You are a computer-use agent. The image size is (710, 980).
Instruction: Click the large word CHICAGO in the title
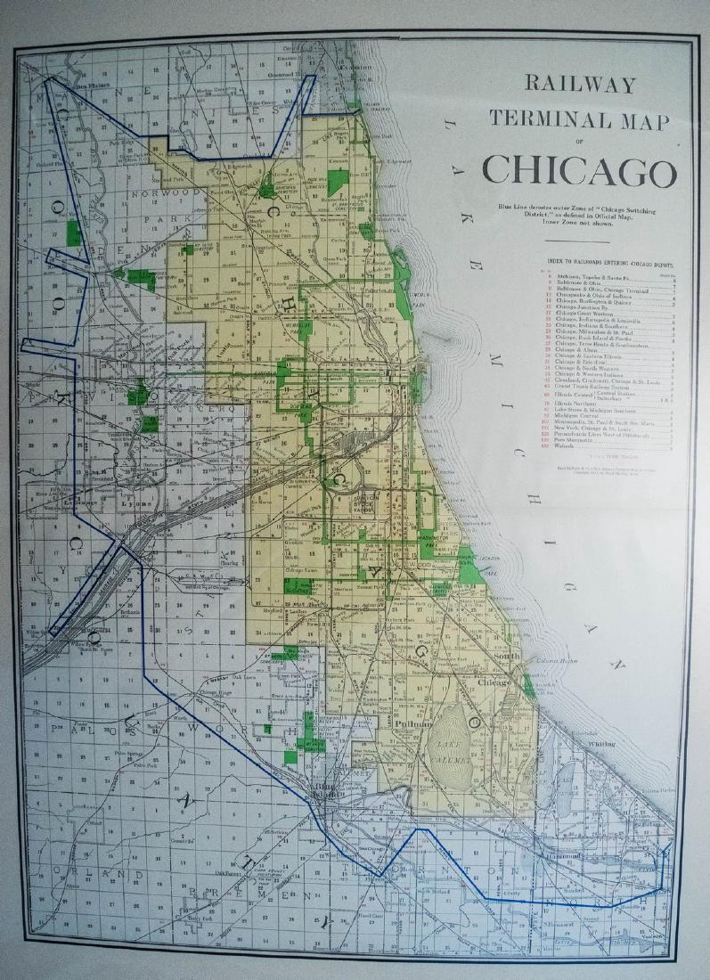[x=580, y=170]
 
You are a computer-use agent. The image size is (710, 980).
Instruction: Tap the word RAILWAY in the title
[x=580, y=86]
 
